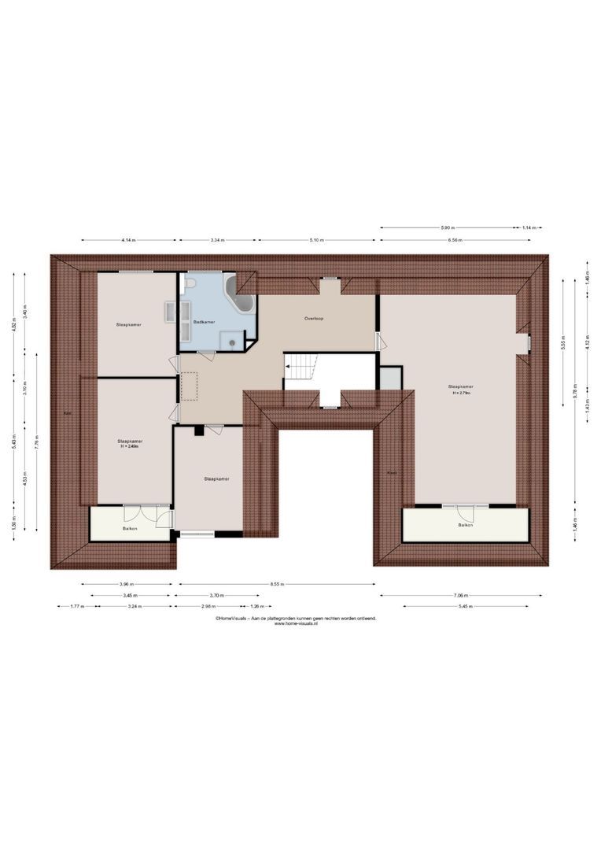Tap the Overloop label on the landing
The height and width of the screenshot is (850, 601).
point(315,319)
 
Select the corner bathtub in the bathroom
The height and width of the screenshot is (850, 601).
point(239,293)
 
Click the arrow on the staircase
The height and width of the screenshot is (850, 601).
point(290,366)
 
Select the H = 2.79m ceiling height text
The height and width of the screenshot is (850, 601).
point(461,394)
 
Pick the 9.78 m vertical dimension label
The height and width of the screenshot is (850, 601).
point(575,397)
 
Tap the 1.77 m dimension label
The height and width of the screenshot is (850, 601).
point(76,607)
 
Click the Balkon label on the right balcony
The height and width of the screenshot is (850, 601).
point(466,525)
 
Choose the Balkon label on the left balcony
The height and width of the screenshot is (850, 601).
point(130,529)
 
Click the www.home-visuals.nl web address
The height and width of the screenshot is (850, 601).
point(296,624)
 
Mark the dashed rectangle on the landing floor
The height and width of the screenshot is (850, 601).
point(189,386)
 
